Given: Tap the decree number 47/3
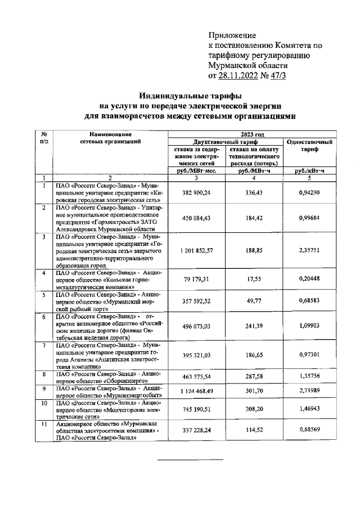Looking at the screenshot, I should coord(276,76).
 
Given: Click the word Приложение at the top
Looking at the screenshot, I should coord(232,35).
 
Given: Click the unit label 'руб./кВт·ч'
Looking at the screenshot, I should coord(310,170).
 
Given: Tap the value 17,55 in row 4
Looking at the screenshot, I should coord(251,277).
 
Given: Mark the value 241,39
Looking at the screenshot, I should coord(251,326).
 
